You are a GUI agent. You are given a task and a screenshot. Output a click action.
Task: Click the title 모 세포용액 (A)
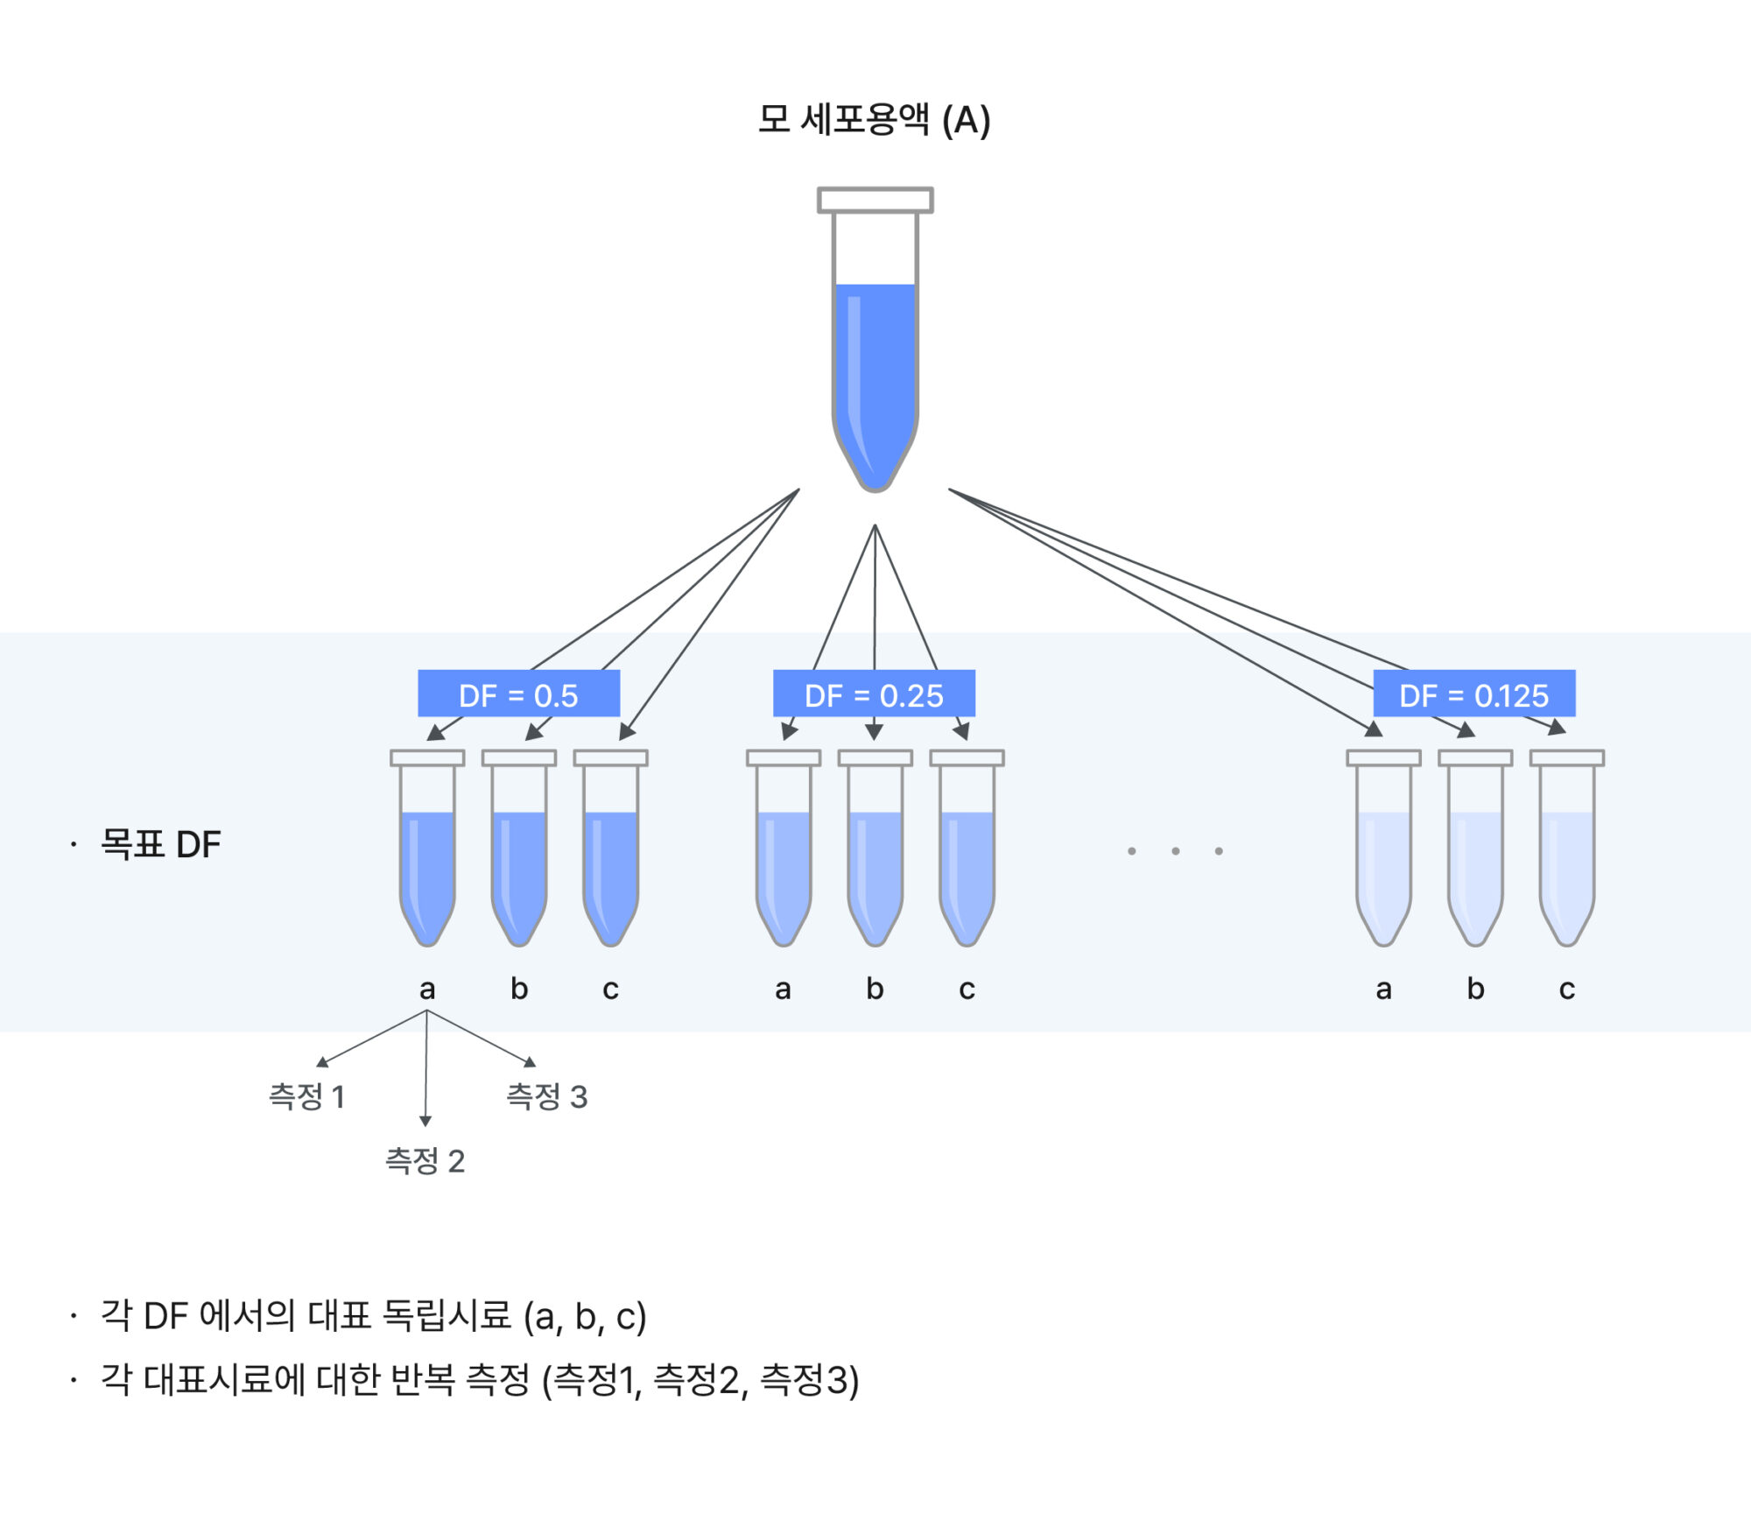(x=874, y=120)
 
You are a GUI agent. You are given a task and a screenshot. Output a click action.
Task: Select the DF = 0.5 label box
(x=518, y=694)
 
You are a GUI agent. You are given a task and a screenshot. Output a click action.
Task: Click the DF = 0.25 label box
(x=874, y=694)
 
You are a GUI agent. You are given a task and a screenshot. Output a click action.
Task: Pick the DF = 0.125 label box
(x=1473, y=694)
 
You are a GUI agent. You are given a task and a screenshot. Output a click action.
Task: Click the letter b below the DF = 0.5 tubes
(x=519, y=989)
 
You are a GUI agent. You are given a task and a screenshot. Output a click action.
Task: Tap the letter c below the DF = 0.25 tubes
(x=967, y=989)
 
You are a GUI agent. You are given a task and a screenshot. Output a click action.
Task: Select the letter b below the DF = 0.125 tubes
(x=1475, y=989)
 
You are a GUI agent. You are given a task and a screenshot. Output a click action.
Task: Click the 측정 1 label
(x=306, y=1096)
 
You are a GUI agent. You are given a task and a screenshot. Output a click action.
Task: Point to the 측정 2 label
(x=425, y=1161)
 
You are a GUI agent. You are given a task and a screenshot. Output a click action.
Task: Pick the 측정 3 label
(x=547, y=1096)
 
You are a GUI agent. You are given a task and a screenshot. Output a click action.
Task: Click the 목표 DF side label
(x=160, y=844)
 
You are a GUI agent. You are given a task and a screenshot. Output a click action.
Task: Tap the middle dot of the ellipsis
(x=1175, y=851)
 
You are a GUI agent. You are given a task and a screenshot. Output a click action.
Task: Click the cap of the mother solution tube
(x=875, y=200)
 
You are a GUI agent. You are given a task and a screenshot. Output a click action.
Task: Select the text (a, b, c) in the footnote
(x=585, y=1317)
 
